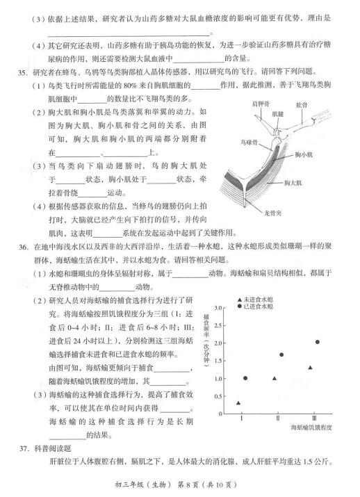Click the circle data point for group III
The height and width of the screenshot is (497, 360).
pos(318,342)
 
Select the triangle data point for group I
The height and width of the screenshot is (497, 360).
pos(238,403)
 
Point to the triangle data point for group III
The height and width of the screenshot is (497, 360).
pos(310,368)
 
